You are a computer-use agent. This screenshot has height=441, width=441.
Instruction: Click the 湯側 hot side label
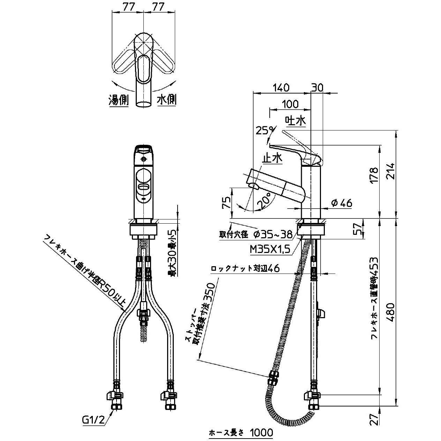119,100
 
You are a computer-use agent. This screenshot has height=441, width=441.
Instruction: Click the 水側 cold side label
167,100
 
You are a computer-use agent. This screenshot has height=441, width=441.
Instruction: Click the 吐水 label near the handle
296,121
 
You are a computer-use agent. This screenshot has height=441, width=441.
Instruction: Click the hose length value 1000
261,433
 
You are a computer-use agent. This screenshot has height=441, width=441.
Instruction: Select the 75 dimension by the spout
226,202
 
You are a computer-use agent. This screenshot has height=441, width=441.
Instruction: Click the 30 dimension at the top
317,88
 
